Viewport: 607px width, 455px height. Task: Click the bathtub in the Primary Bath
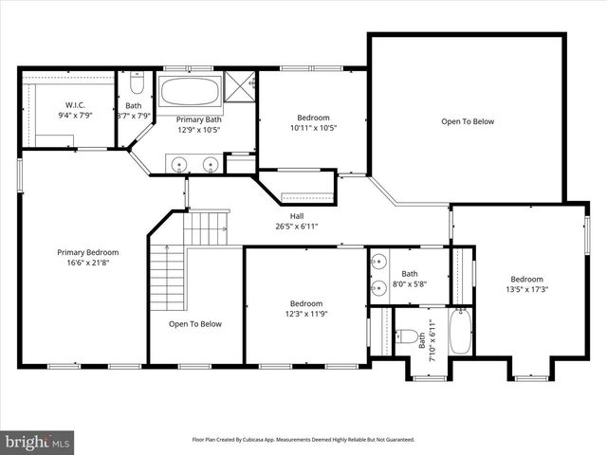[190, 93]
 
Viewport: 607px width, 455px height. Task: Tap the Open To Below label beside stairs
[195, 324]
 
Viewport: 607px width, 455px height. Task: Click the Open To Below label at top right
[467, 121]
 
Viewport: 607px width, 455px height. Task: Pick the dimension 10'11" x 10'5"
[312, 128]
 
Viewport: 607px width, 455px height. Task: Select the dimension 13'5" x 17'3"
[526, 290]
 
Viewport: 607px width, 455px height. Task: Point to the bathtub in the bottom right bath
[460, 333]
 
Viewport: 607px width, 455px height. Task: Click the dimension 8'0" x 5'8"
[409, 283]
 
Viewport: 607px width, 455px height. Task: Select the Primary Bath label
[199, 119]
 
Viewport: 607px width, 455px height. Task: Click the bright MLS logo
[38, 442]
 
